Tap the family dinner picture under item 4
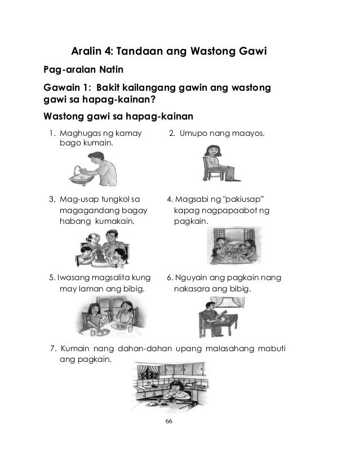[x=231, y=247]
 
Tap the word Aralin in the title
[x=87, y=54]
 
